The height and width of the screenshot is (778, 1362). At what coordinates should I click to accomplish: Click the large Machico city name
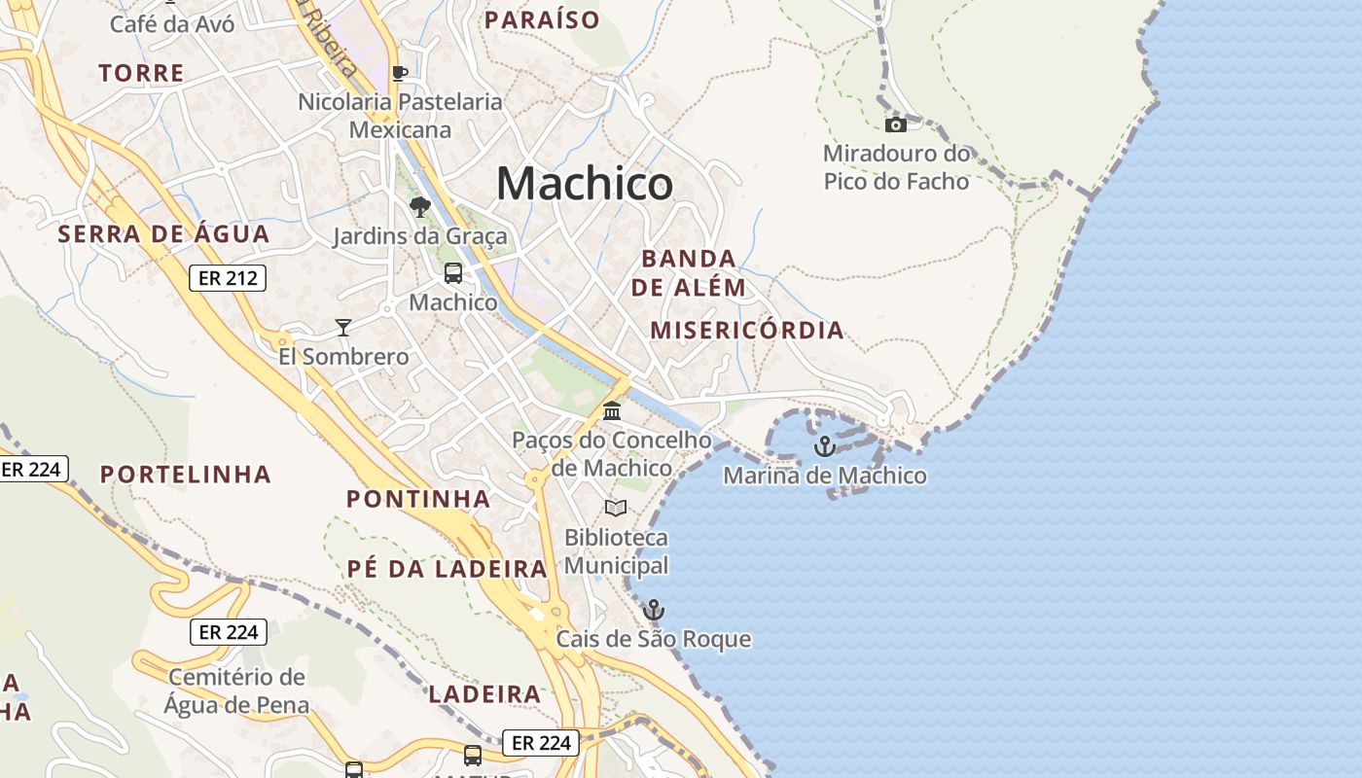pos(585,183)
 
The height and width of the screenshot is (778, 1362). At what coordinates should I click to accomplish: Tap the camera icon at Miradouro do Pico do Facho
pos(896,124)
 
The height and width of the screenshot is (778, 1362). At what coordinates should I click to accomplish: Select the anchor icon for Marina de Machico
pos(825,446)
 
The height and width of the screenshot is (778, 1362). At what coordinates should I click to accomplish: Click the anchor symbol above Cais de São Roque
pos(654,610)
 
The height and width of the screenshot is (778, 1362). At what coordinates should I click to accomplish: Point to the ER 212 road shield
pos(228,278)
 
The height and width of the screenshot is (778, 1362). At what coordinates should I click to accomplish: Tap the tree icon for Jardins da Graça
pos(420,206)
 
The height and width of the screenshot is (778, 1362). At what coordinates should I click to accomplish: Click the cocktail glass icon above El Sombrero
pos(342,327)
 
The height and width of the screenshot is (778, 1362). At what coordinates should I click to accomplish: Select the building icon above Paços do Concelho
pos(612,411)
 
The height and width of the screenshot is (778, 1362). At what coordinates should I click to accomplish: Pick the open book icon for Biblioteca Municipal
pos(616,508)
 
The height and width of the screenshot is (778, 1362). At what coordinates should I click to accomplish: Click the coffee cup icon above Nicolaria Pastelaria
pos(399,73)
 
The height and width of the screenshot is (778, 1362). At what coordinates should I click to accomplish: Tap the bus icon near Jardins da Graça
pos(453,273)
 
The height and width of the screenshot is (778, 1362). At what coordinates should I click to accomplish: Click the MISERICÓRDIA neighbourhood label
pos(747,330)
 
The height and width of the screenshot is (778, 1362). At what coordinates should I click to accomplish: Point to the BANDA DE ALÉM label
pos(689,273)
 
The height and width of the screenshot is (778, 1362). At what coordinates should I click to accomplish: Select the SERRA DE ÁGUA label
pos(163,233)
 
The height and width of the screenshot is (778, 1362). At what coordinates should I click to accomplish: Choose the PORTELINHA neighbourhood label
pos(186,474)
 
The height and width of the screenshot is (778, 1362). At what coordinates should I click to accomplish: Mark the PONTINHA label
pos(418,499)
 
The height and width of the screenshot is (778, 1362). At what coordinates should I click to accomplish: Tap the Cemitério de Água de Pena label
pos(236,691)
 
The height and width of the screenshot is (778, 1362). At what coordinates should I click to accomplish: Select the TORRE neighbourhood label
pos(141,73)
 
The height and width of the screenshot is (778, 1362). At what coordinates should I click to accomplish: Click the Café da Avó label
pos(172,23)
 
